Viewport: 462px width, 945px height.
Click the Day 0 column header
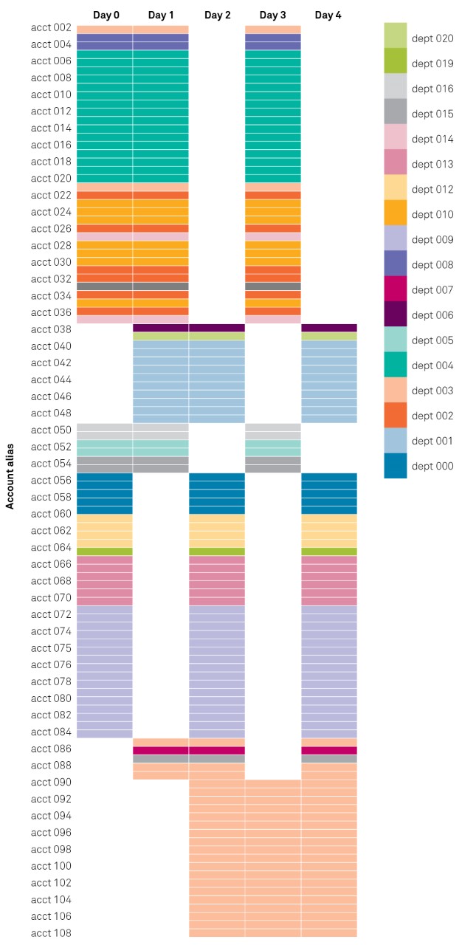click(x=106, y=15)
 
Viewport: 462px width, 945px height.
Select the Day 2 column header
click(x=217, y=15)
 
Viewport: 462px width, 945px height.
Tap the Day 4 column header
click(x=328, y=15)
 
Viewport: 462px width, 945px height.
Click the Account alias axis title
click(x=10, y=481)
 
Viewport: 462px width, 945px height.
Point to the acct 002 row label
click(x=51, y=28)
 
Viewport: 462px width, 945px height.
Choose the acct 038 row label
click(x=51, y=329)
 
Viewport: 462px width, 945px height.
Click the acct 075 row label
click(x=51, y=648)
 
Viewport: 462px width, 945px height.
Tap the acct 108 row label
click(x=51, y=933)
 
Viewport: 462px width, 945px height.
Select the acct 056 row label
click(x=51, y=481)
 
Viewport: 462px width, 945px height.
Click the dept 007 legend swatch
click(x=396, y=289)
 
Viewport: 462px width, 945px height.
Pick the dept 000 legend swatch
click(x=396, y=466)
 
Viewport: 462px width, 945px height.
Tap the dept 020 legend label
click(x=432, y=38)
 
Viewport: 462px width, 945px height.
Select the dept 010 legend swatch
click(x=396, y=214)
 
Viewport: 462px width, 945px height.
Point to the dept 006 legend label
click(x=432, y=315)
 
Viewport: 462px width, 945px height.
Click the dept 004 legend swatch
click(x=396, y=365)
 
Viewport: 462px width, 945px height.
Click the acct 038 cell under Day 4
click(x=328, y=328)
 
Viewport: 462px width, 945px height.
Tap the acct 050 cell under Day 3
click(x=273, y=427)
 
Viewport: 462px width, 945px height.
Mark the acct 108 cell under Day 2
click(x=217, y=932)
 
